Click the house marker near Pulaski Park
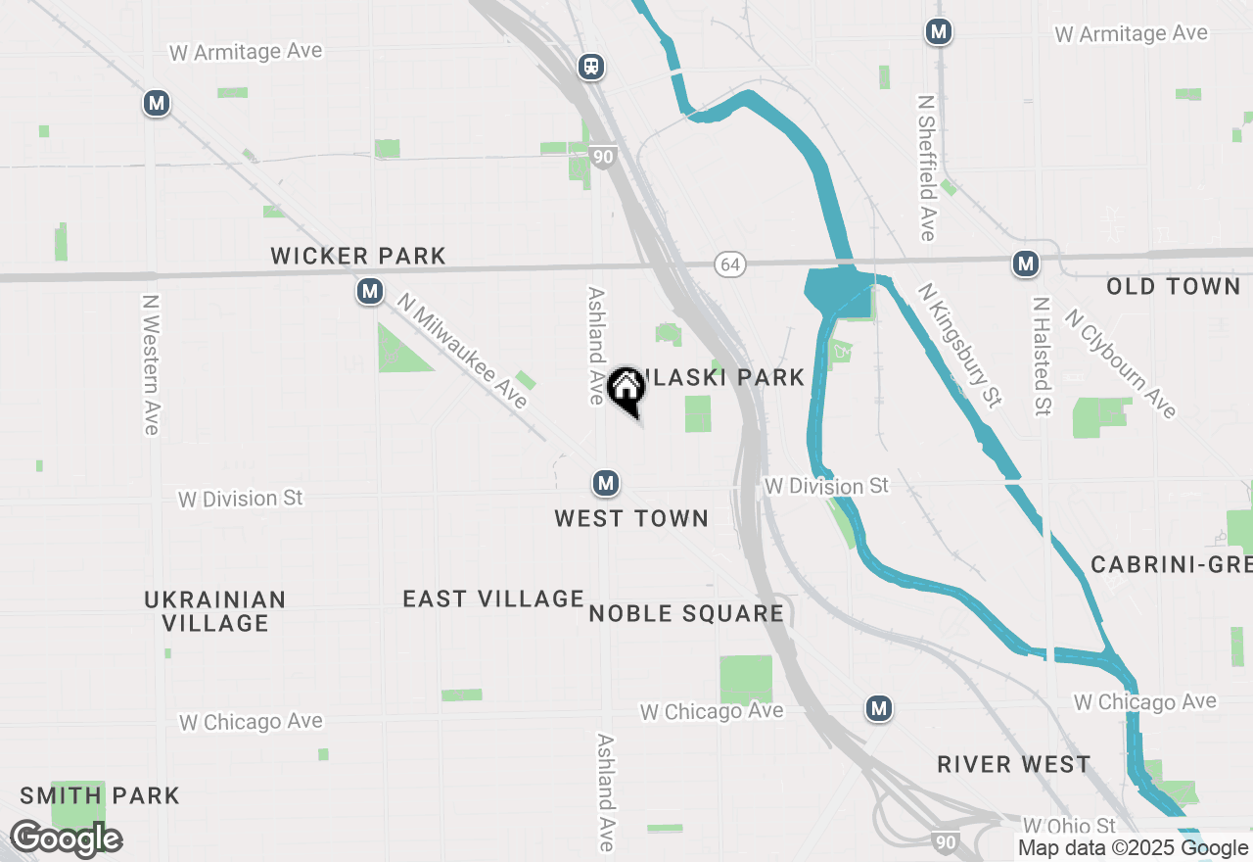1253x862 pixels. click(x=626, y=390)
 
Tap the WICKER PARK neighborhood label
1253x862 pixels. click(x=358, y=257)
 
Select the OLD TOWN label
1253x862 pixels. click(x=1174, y=287)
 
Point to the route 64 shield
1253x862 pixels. click(x=728, y=264)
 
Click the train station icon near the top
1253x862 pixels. click(x=590, y=67)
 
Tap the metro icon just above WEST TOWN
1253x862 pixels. click(x=606, y=483)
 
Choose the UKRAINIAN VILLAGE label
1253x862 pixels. click(x=215, y=611)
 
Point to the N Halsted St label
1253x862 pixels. click(x=1041, y=357)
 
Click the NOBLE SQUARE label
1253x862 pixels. click(x=686, y=614)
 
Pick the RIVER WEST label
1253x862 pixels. click(x=1013, y=765)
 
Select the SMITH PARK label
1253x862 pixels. click(x=100, y=795)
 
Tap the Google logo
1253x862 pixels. click(x=66, y=839)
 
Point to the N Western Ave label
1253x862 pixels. click(x=150, y=364)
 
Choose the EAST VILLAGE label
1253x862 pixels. click(x=493, y=599)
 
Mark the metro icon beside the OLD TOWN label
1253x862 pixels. click(x=1025, y=263)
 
